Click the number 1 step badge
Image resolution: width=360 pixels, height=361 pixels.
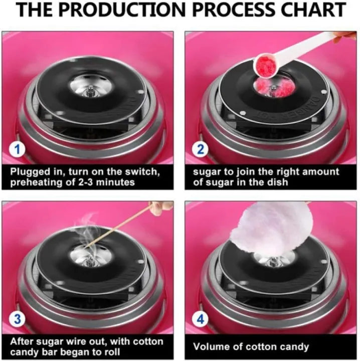(x=17, y=149)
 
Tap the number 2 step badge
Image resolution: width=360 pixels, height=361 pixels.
(x=200, y=149)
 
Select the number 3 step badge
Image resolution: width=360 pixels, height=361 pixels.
(x=17, y=319)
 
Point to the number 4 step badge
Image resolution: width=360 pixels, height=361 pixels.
(x=200, y=319)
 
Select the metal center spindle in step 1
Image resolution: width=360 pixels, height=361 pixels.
(x=90, y=90)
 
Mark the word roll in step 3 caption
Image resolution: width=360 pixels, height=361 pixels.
(x=111, y=352)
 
